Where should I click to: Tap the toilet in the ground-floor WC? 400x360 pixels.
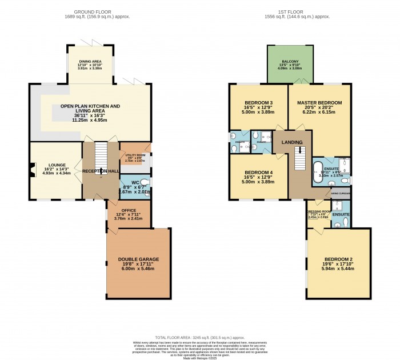[x=146, y=183]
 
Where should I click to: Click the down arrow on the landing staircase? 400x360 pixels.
[x=297, y=151]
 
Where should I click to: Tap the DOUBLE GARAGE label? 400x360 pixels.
[x=138, y=259]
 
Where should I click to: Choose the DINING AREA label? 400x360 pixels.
[x=89, y=61]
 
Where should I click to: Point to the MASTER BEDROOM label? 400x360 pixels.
[x=319, y=103]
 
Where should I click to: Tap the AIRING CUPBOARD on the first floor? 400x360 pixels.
[x=341, y=194]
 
